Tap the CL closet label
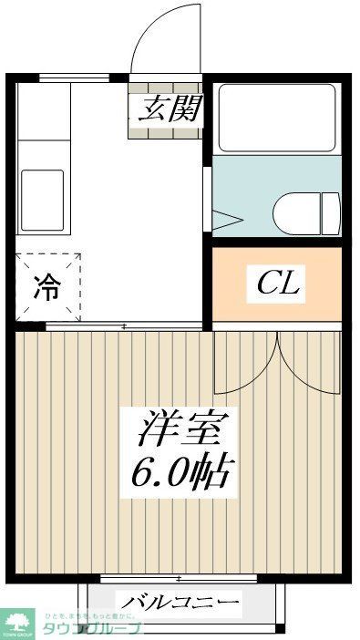(x=277, y=284)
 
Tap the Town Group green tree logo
(x=15, y=622)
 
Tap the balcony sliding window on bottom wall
(x=179, y=578)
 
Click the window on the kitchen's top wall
(x=75, y=77)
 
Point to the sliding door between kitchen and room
(x=123, y=325)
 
